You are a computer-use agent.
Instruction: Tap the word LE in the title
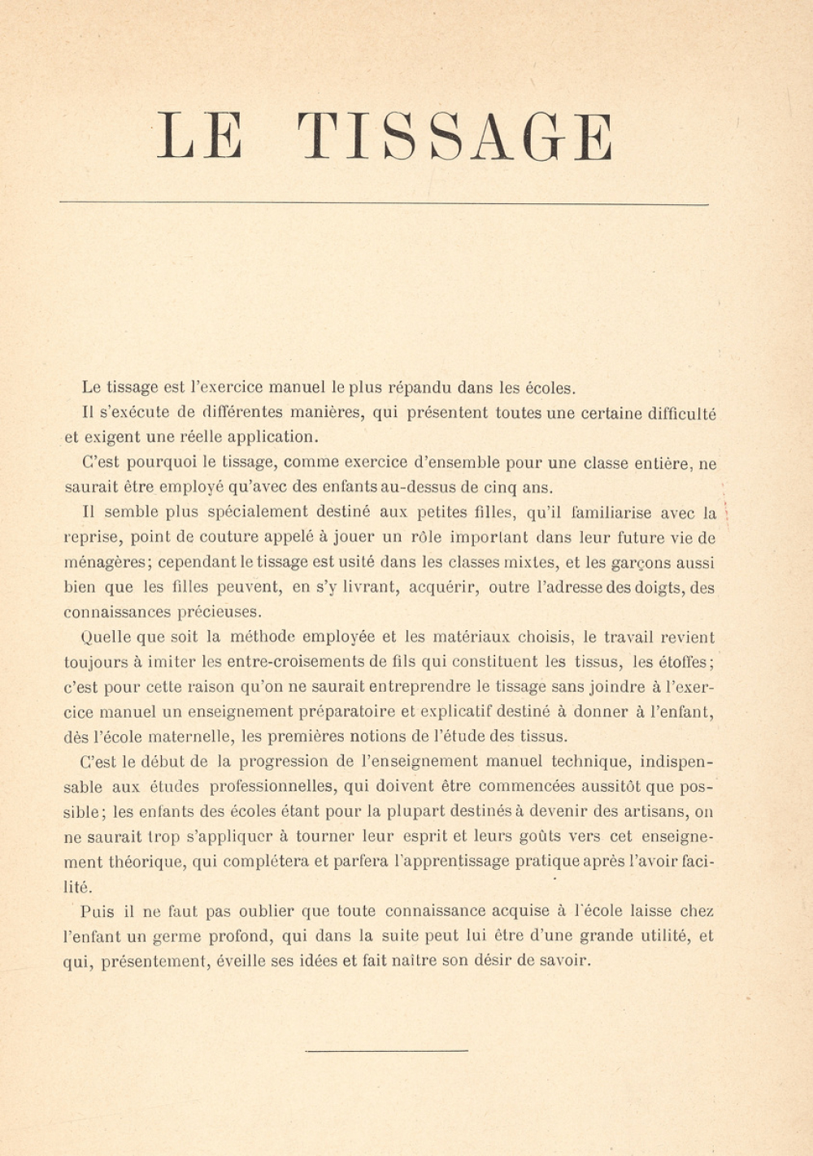pos(199,136)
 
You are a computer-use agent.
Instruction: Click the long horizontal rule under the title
pos(384,203)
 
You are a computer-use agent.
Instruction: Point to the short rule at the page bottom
pos(386,1050)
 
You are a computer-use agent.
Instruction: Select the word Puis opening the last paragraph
pos(98,910)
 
